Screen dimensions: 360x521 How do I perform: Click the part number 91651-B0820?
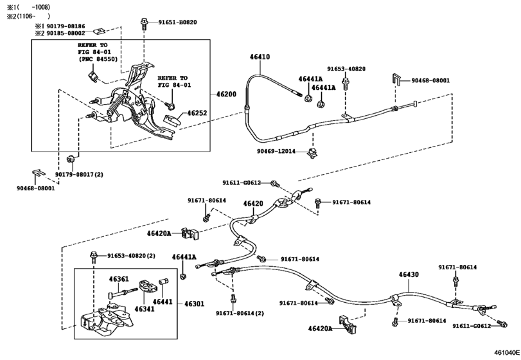coord(174,22)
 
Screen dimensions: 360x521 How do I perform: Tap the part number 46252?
coord(197,113)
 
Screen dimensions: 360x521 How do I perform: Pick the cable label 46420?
coord(252,203)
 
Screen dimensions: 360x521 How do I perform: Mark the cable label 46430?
coord(408,274)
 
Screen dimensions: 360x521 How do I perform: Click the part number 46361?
coord(118,279)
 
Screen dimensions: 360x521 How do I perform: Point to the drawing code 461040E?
coord(506,353)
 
